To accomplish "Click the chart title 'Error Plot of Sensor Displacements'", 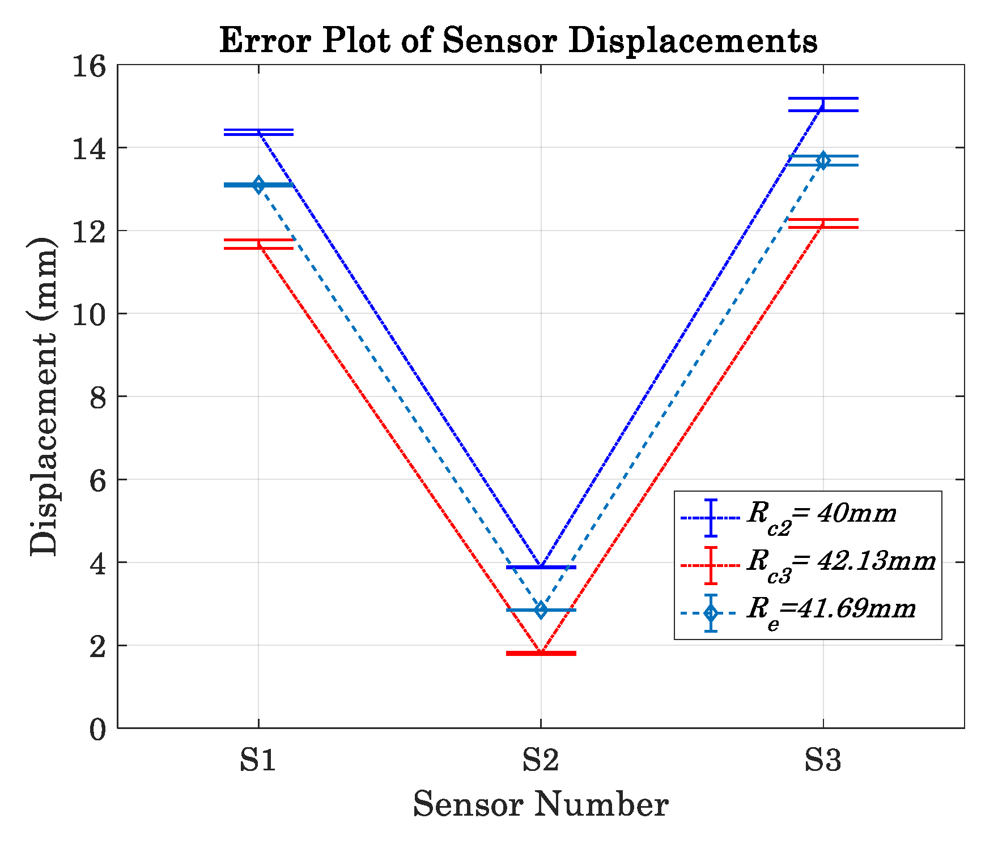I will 518,41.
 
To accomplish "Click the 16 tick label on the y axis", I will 89,67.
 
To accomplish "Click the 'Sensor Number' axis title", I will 541,804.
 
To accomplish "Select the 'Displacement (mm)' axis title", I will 44,397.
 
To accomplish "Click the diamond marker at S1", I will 258,185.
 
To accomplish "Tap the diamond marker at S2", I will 541,610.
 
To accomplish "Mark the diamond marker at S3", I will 823,160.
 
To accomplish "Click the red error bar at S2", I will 541,653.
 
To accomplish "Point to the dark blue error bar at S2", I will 541,567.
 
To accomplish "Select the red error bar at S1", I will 258,244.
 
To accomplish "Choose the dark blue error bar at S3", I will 823,104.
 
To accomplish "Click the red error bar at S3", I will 823,223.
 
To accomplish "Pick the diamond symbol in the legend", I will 711,613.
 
